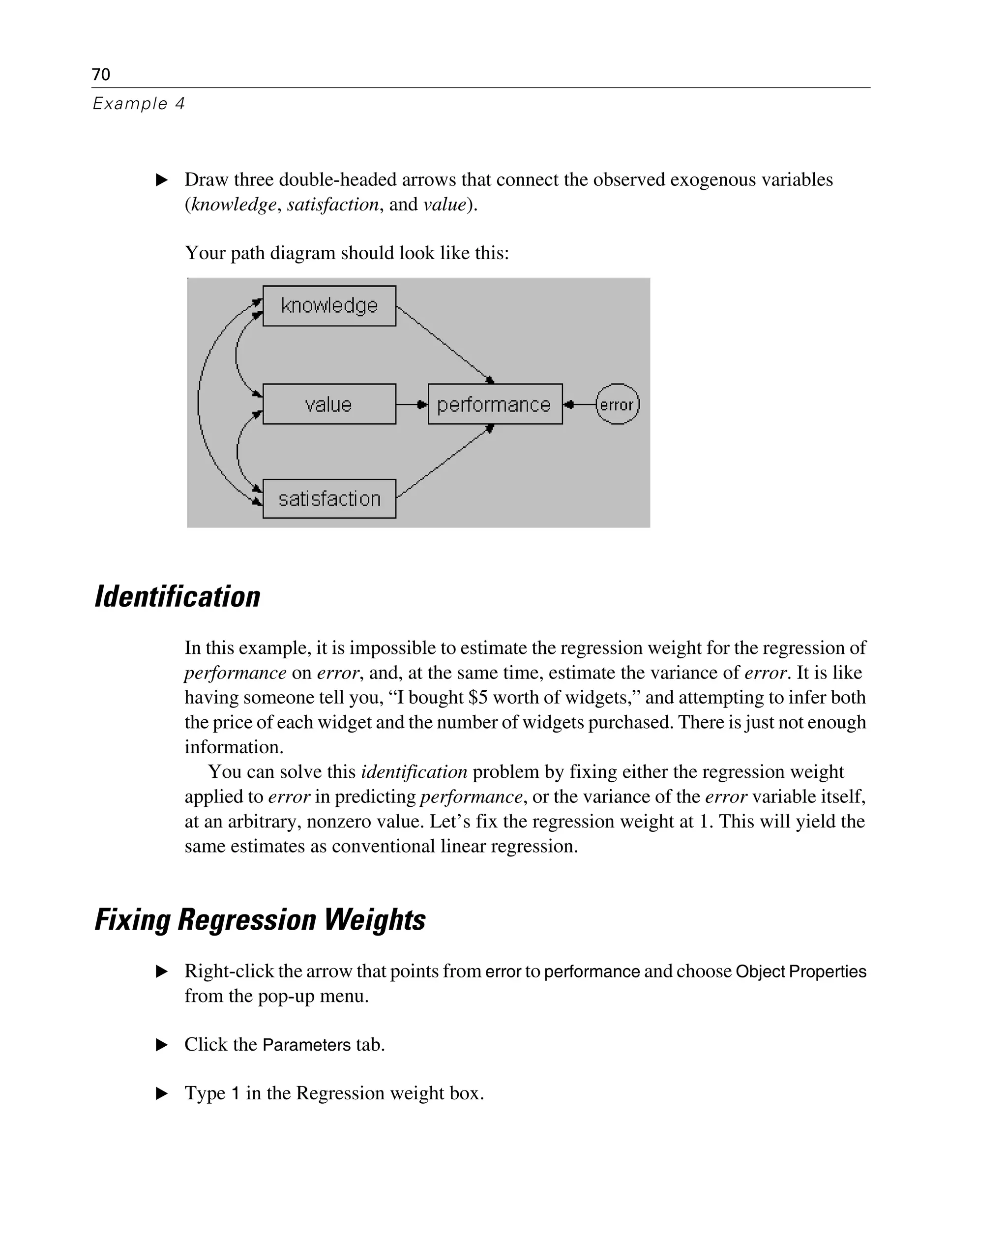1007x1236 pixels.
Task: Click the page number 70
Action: [x=101, y=74]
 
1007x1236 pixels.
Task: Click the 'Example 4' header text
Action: [x=139, y=104]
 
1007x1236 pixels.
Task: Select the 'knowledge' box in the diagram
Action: [x=329, y=306]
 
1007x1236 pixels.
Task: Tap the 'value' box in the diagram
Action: [x=329, y=404]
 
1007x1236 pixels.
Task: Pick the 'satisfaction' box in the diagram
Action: [x=329, y=499]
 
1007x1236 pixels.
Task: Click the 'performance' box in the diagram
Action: [x=495, y=404]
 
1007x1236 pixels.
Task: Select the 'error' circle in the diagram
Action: [x=617, y=404]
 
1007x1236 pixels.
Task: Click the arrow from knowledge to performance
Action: [x=444, y=343]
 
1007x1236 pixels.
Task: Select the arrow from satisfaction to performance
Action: [x=444, y=463]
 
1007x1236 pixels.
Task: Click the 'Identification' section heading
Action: [x=178, y=597]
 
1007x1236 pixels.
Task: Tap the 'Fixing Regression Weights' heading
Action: [x=260, y=920]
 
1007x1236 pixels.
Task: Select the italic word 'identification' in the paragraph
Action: [x=414, y=772]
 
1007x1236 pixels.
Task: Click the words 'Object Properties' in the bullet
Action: [x=800, y=971]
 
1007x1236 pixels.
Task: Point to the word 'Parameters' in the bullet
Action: [x=306, y=1045]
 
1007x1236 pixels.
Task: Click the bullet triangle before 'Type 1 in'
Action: [x=162, y=1094]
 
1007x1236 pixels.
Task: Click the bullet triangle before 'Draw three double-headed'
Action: [x=162, y=180]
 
